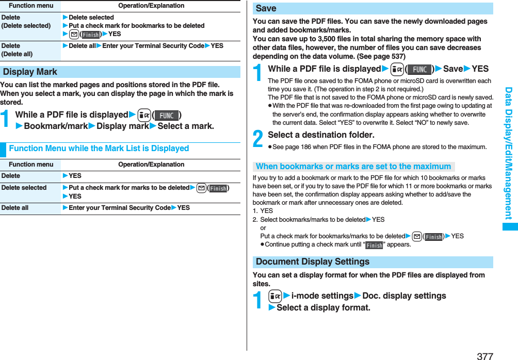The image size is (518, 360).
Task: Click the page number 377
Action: coord(485,355)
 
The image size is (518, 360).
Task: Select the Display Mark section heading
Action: coord(30,72)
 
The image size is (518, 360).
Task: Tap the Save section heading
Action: coord(266,8)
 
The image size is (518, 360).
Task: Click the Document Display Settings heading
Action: coord(312,261)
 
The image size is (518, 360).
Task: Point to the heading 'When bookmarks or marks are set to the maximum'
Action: coord(353,166)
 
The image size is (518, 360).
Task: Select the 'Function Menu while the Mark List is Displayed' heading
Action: coord(99,148)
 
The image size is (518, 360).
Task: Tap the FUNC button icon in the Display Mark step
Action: coord(167,115)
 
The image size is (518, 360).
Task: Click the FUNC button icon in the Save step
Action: coord(419,69)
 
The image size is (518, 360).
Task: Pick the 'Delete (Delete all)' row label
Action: coord(17,50)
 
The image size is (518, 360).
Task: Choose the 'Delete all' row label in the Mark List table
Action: coord(15,208)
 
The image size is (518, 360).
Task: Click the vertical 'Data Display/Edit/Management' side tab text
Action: coord(509,153)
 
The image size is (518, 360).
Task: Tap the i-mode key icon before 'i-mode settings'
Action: coord(274,296)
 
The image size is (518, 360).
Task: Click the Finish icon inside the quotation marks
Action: coord(374,245)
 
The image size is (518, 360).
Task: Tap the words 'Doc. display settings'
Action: coord(404,296)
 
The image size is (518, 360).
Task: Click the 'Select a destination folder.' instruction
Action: coord(321,135)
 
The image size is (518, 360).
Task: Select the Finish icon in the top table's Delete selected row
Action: coord(91,34)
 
